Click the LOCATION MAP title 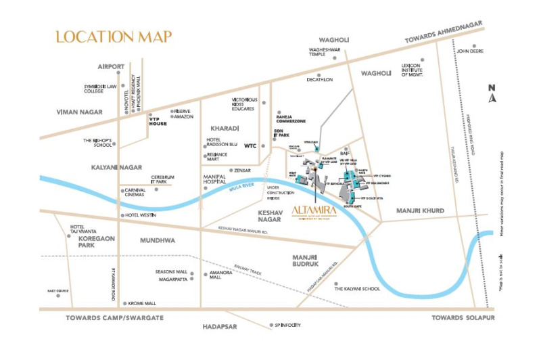tap(114, 37)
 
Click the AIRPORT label tap(111, 66)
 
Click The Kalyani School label tap(358, 288)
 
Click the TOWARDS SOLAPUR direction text tap(464, 317)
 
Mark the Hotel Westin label tap(141, 215)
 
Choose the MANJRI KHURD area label tap(420, 210)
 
